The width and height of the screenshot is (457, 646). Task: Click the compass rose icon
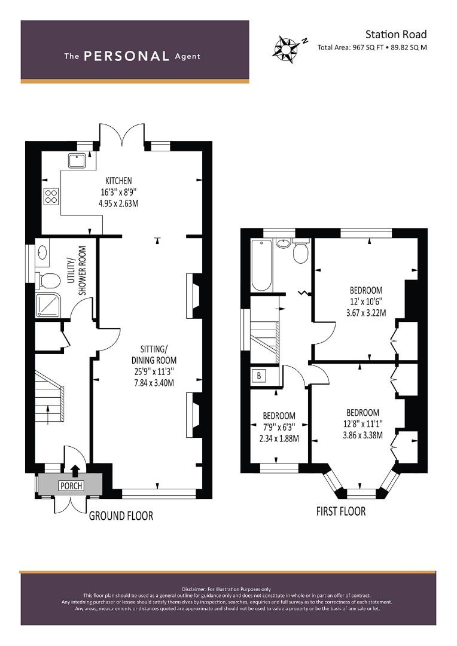(285, 48)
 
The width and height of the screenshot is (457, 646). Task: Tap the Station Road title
(395, 34)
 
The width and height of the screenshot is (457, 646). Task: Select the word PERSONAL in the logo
(126, 56)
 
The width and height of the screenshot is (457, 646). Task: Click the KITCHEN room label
(118, 181)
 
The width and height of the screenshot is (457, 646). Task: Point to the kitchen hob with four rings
(51, 196)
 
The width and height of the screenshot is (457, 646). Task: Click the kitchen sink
(77, 161)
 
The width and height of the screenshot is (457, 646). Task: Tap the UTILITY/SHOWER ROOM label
(77, 271)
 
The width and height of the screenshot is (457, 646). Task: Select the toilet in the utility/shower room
(47, 281)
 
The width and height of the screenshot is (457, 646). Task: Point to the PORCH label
(71, 486)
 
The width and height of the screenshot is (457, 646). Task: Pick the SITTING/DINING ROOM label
(154, 354)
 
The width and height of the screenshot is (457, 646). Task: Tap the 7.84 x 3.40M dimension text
(154, 383)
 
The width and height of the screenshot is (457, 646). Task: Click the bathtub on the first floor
(261, 265)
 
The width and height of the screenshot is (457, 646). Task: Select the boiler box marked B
(259, 375)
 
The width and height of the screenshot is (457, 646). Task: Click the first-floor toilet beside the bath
(301, 251)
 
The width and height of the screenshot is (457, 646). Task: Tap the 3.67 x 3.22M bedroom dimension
(366, 313)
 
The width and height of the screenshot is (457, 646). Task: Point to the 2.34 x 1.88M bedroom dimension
(279, 438)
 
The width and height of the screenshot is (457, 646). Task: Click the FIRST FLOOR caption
(341, 511)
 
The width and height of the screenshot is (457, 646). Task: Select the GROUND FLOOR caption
(121, 516)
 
